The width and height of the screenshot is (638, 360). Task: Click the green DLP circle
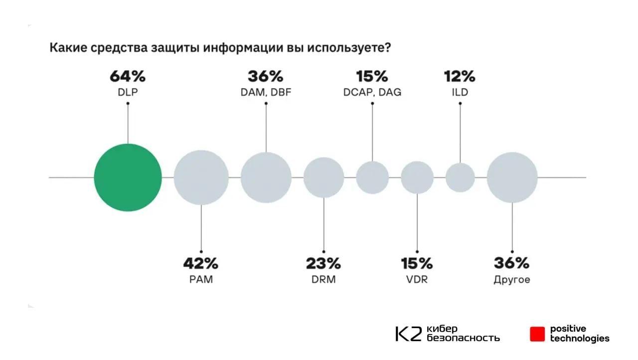point(128,178)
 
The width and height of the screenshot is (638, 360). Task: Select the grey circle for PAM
point(201,178)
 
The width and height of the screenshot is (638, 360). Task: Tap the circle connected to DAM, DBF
point(266,178)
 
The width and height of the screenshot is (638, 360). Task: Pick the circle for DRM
point(324,178)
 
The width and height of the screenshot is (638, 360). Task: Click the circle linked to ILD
point(460,178)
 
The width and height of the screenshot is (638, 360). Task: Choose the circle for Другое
point(512,178)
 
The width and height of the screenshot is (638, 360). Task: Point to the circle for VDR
point(417,178)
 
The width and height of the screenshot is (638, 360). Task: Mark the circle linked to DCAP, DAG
point(372,178)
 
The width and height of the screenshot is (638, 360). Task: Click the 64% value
point(128,77)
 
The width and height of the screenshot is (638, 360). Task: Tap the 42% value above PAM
point(201,263)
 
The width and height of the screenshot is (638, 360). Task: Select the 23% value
point(323,263)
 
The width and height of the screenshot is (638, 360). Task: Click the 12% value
point(460,77)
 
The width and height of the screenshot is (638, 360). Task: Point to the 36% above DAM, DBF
point(266,77)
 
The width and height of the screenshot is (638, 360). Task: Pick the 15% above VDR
point(417,263)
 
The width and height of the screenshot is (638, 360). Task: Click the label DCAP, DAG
point(372,92)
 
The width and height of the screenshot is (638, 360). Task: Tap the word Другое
point(512,280)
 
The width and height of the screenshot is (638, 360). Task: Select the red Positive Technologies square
point(537,334)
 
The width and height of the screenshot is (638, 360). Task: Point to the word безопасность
point(463,338)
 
